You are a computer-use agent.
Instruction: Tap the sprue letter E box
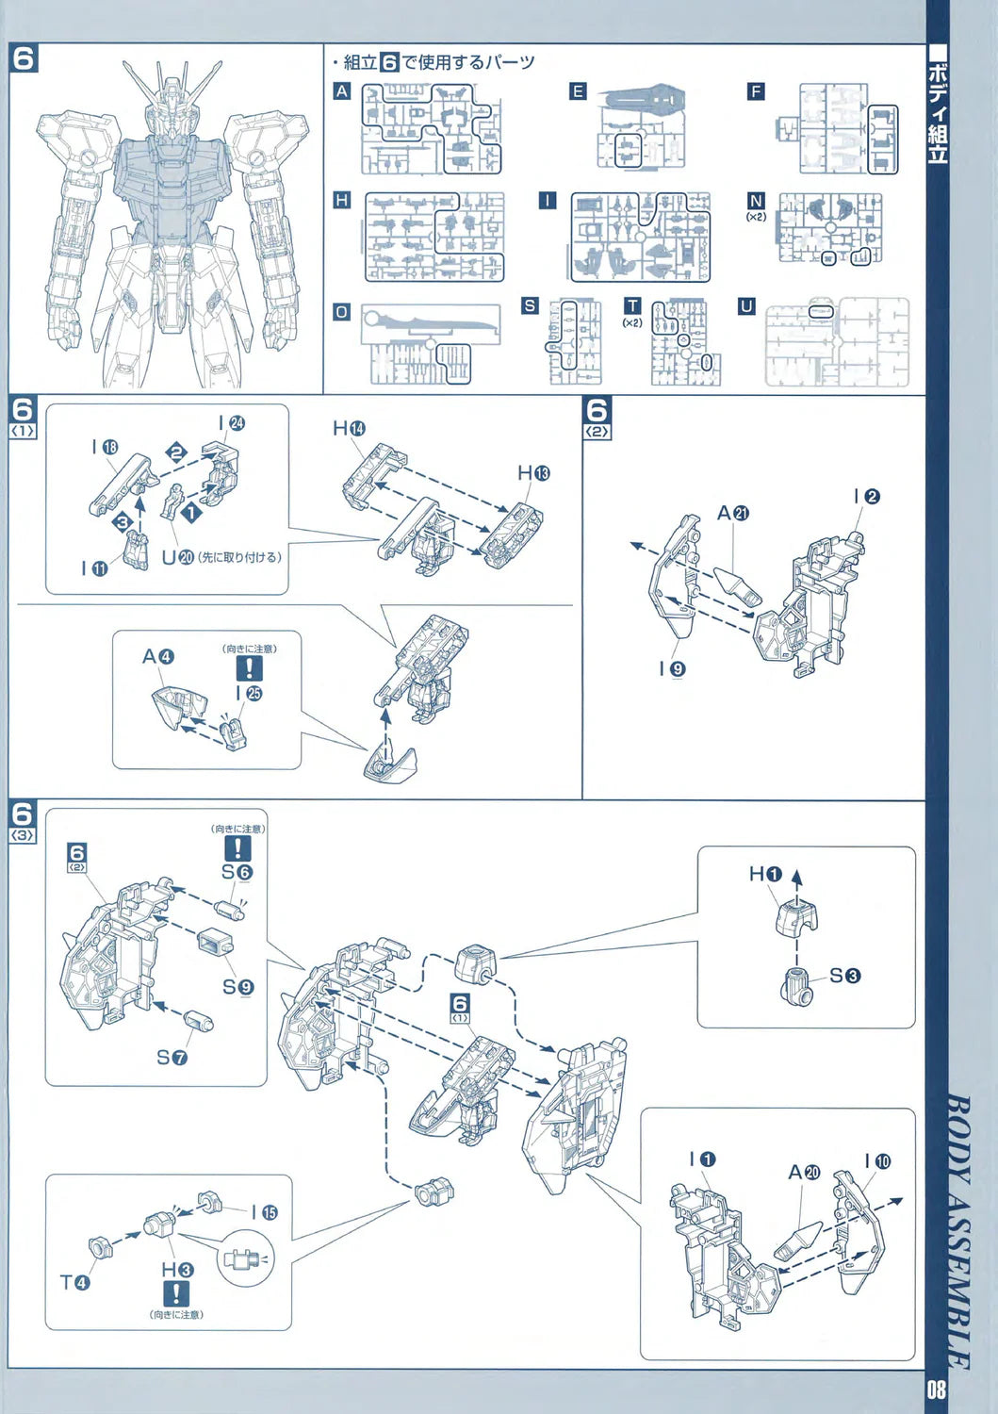[x=578, y=91]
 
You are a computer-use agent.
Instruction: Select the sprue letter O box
[x=341, y=311]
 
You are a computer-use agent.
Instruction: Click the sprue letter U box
[x=746, y=306]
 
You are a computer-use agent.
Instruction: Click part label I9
[x=672, y=668]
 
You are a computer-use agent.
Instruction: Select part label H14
[x=349, y=429]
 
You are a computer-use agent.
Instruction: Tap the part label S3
[x=844, y=976]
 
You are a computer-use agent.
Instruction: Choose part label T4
[x=74, y=1282]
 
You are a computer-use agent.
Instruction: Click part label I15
[x=264, y=1212]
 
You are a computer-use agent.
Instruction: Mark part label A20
[x=804, y=1172]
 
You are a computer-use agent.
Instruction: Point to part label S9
[x=237, y=987]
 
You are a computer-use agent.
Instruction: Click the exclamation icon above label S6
[x=237, y=848]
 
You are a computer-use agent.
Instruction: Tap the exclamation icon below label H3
[x=175, y=1293]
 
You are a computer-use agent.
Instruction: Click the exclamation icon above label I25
[x=249, y=668]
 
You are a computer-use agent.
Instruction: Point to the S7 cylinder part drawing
[x=199, y=1021]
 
